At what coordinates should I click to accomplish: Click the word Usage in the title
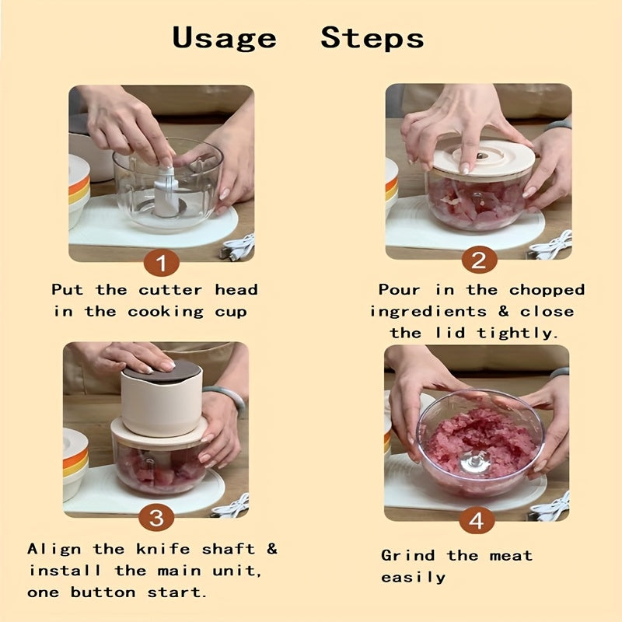point(224,38)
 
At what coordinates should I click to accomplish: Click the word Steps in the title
point(372,38)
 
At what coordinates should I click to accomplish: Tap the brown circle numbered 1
point(162,263)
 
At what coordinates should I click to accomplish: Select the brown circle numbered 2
point(479,260)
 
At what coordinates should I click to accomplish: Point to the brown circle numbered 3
point(156,518)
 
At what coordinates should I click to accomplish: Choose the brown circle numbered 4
point(477,520)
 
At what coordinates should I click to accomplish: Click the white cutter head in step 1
point(166,192)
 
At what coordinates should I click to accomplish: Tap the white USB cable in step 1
point(237,246)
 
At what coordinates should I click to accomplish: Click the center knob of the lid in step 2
point(481,155)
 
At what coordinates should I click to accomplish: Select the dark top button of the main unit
point(162,371)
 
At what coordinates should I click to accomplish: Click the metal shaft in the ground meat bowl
point(474,462)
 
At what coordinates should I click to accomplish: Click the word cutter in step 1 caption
point(170,290)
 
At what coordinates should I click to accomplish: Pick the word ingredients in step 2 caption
point(428,312)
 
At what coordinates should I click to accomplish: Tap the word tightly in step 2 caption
point(517,333)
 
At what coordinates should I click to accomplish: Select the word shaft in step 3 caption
point(229,549)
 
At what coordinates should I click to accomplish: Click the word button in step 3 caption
point(103,592)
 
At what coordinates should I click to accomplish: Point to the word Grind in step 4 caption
point(407,555)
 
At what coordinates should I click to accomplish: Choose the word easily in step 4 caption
point(414,578)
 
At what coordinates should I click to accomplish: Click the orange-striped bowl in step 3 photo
point(75,463)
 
